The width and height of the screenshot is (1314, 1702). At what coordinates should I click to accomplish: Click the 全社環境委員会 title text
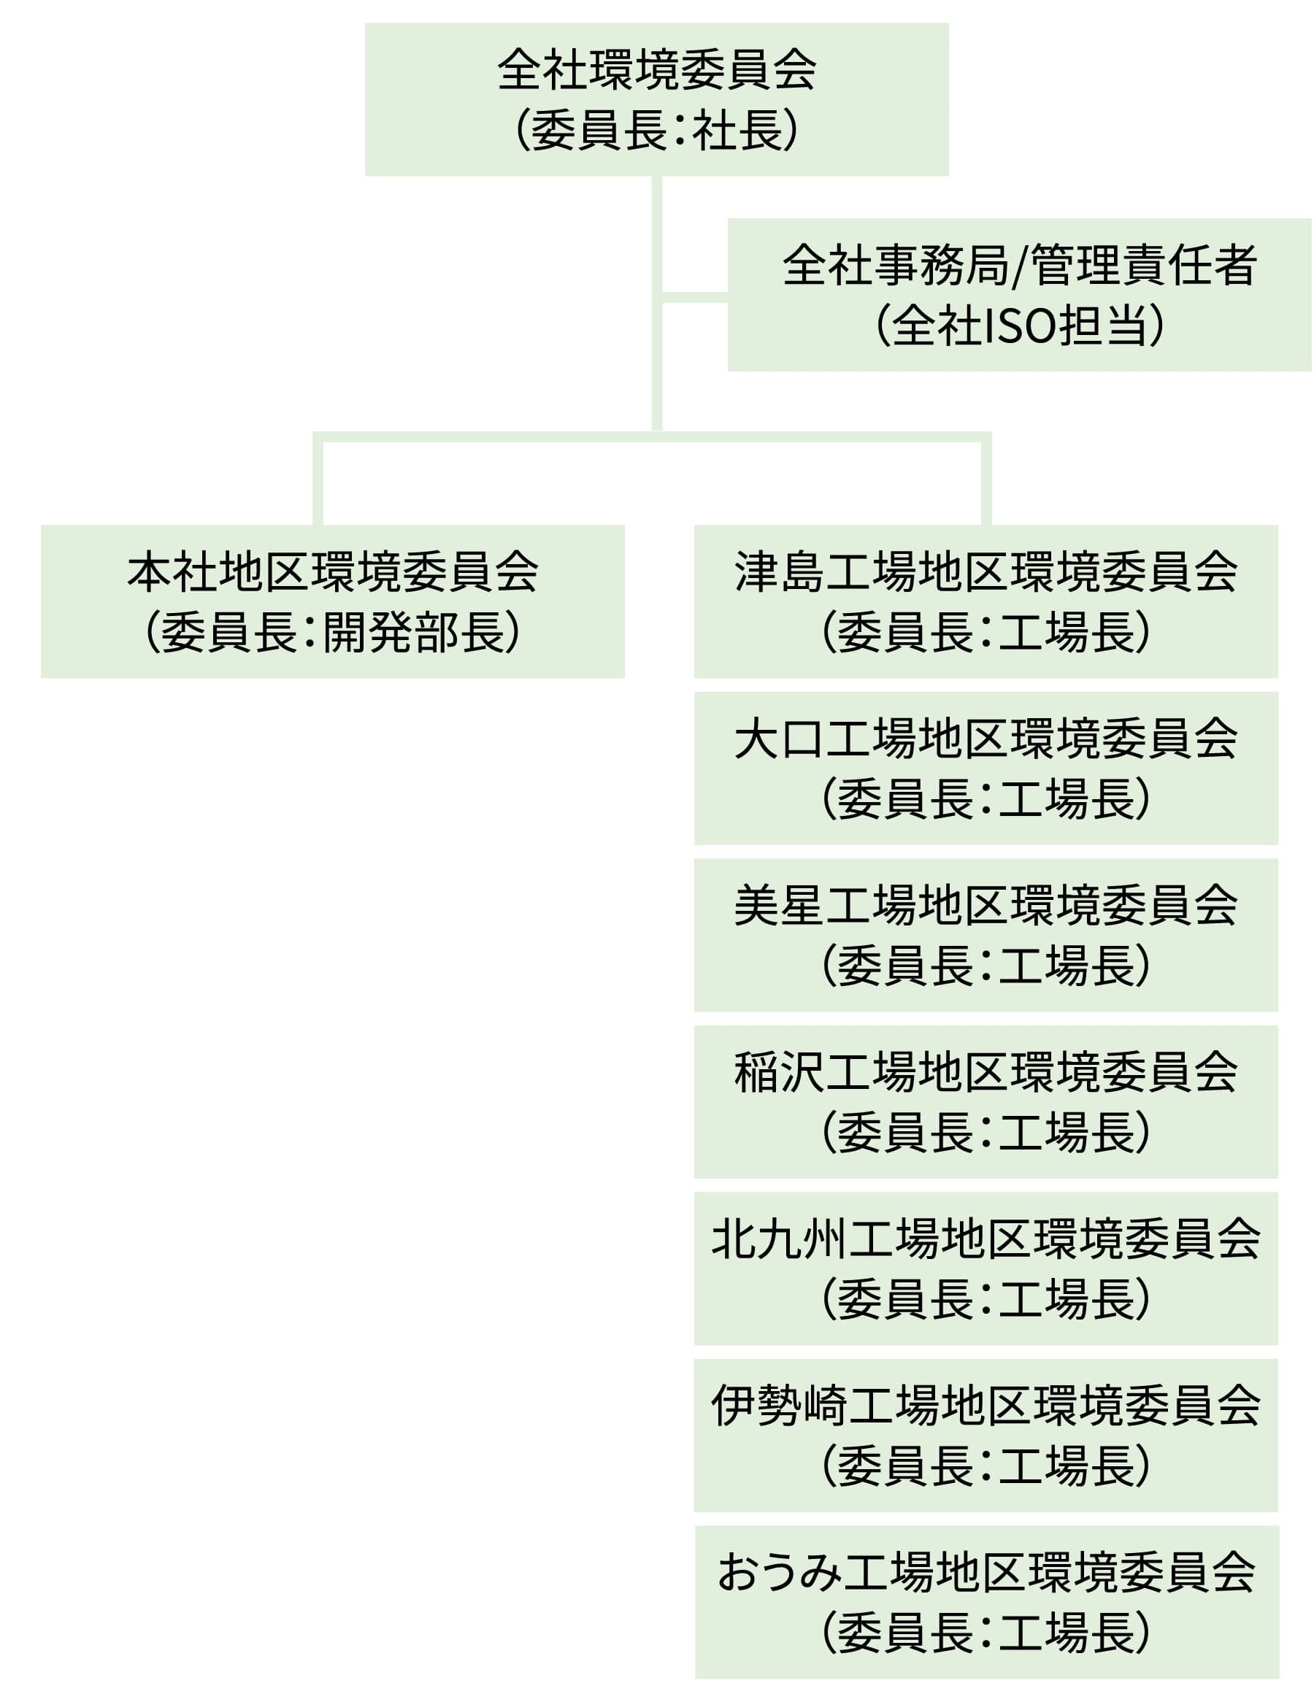(x=656, y=70)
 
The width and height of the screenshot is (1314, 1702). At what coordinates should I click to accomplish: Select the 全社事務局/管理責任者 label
(x=1018, y=265)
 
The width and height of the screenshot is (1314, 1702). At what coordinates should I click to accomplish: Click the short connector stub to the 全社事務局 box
(x=694, y=298)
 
